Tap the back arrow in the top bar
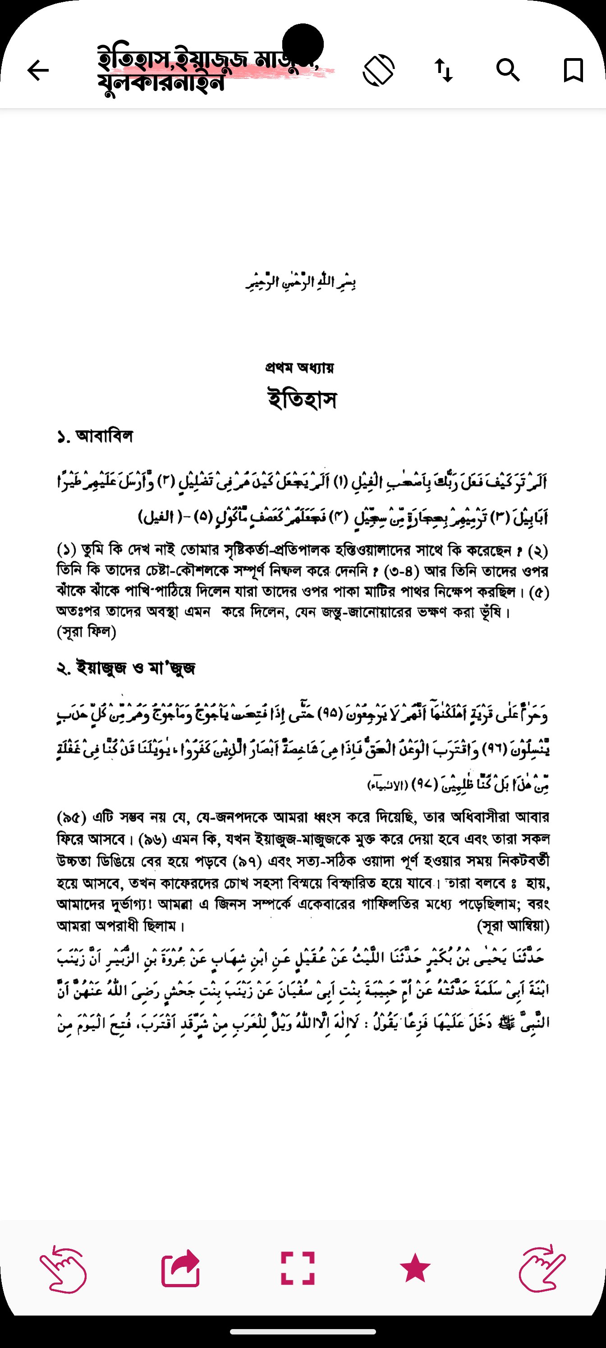tap(38, 70)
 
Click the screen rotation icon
tap(378, 70)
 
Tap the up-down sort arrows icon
tap(444, 70)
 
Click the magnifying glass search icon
tap(508, 70)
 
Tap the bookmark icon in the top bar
tap(573, 70)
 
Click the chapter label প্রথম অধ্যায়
tap(299, 368)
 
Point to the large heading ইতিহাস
tap(302, 400)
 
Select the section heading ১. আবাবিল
tap(95, 436)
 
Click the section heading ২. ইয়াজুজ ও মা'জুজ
tap(126, 668)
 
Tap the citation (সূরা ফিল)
tap(87, 632)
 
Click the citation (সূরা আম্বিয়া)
tap(513, 926)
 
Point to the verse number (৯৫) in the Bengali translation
tap(71, 817)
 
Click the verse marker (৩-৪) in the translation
tap(402, 571)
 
